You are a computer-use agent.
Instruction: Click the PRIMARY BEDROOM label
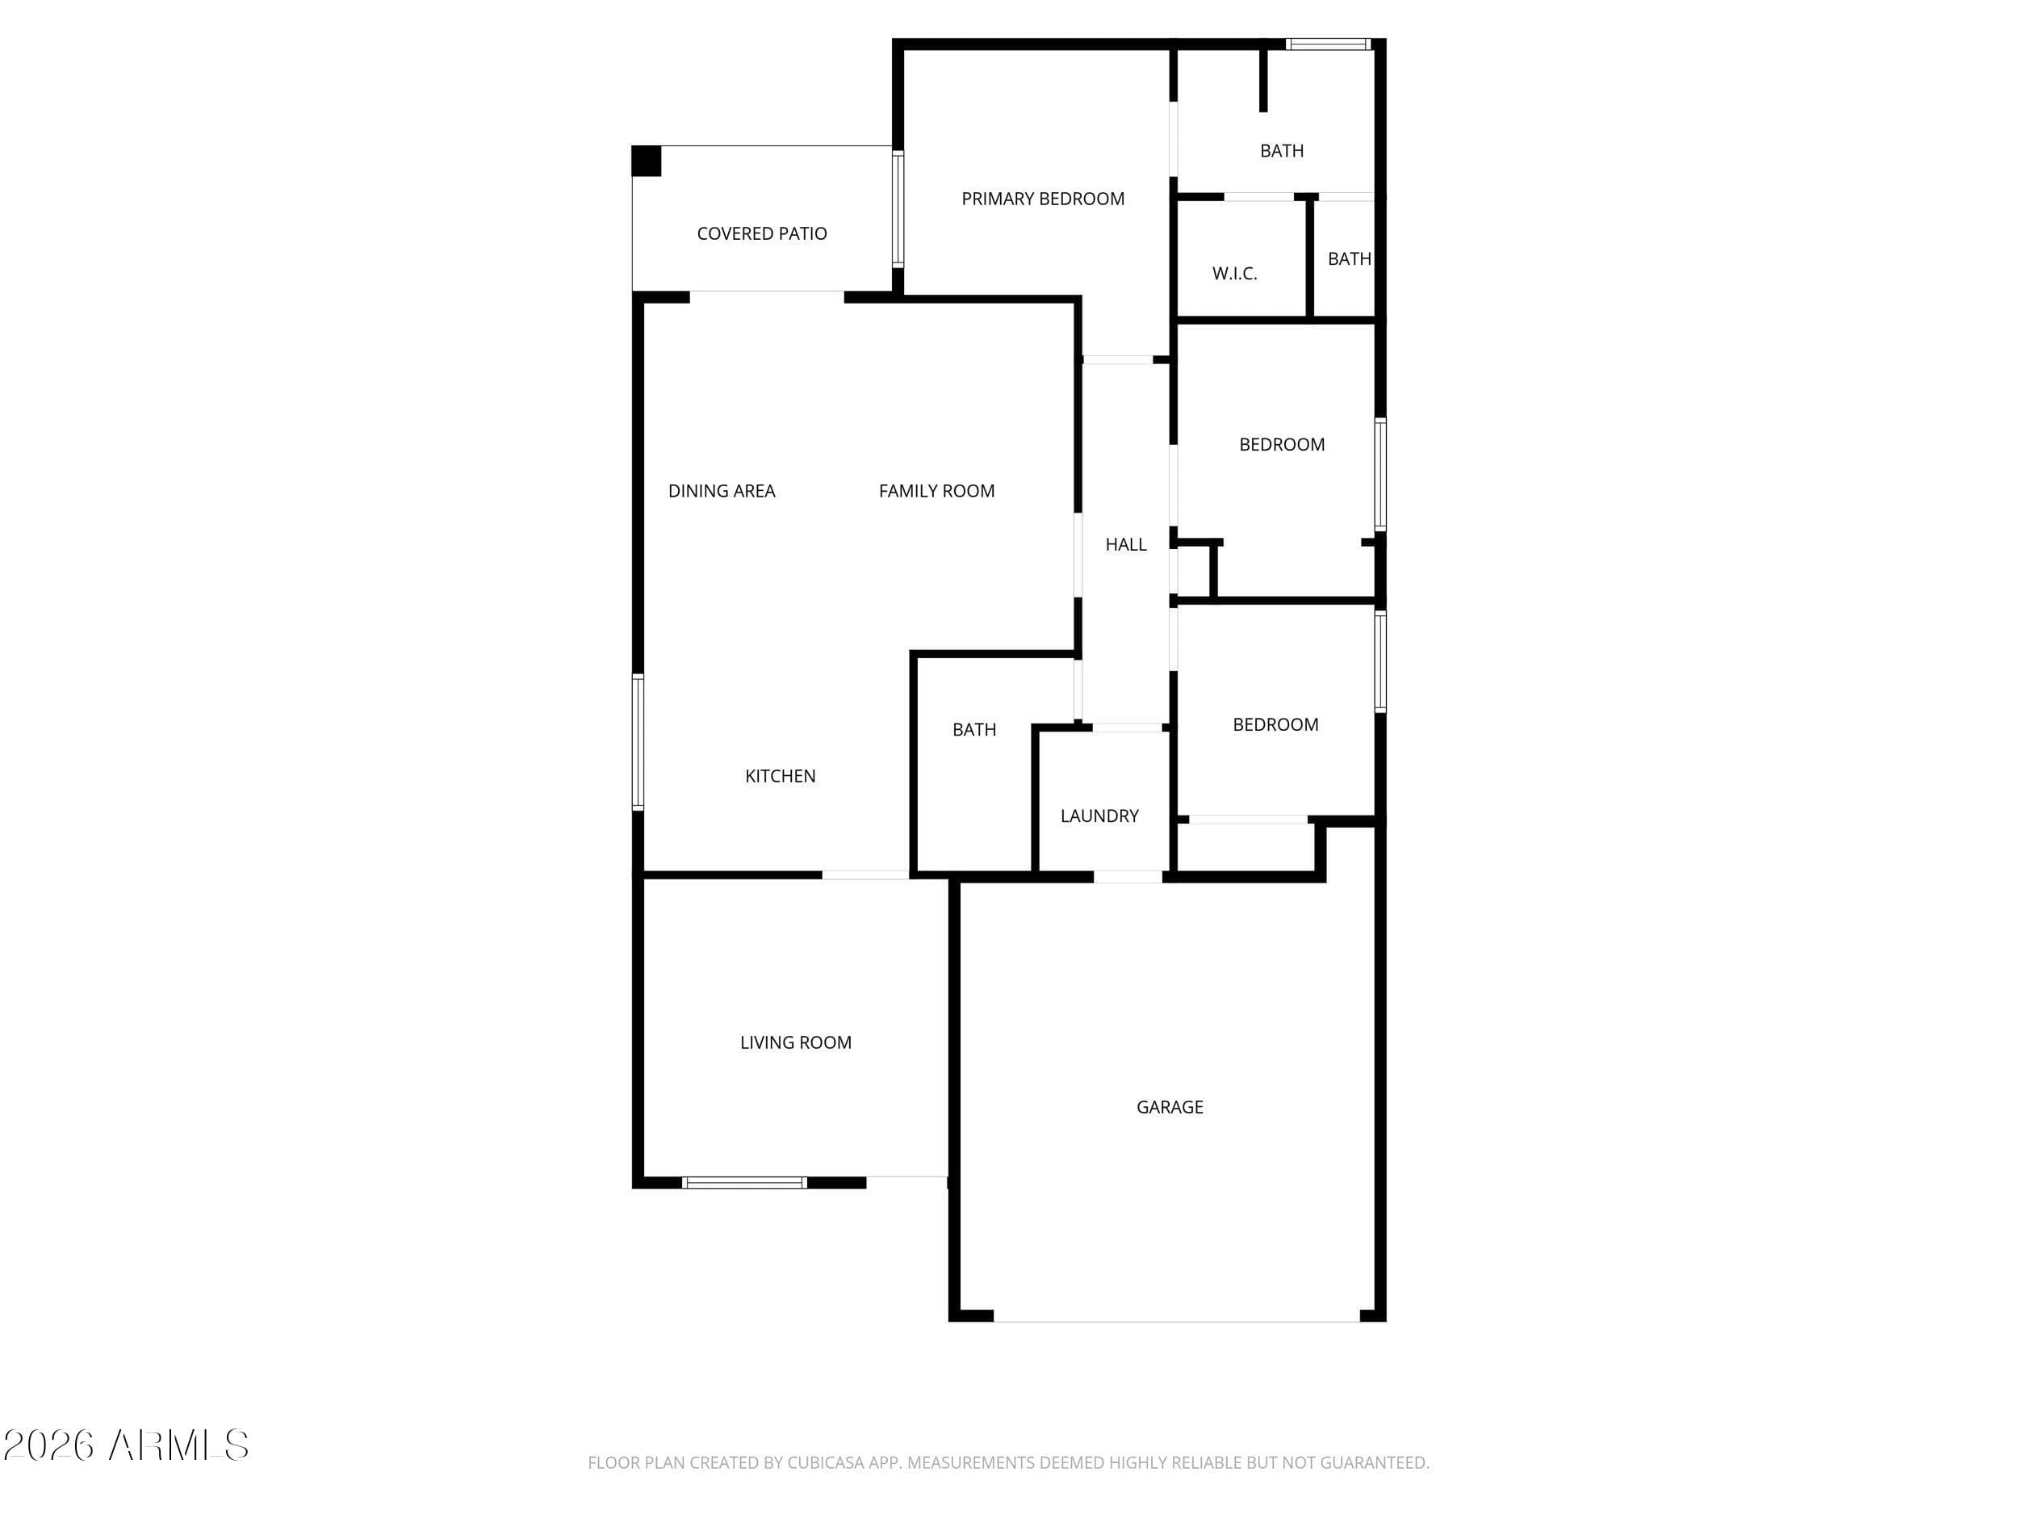[1043, 199]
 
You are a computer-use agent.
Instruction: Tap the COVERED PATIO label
[762, 233]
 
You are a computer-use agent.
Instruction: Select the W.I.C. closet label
[1234, 274]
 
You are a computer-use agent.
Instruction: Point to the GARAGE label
[1170, 1107]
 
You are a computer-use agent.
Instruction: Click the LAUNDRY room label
[1099, 816]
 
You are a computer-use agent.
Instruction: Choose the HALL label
[1126, 545]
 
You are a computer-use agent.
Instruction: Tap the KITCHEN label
[780, 776]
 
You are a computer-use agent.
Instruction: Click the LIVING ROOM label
[796, 1042]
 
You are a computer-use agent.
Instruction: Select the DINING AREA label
[722, 491]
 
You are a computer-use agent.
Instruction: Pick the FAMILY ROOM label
[937, 491]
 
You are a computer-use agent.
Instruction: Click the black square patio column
[647, 161]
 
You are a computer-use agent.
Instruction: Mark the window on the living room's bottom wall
[744, 1183]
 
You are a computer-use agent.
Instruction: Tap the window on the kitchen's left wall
[638, 742]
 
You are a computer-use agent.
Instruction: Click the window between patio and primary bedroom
[898, 209]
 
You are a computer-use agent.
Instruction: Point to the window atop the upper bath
[1329, 44]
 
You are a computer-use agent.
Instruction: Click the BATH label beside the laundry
[974, 730]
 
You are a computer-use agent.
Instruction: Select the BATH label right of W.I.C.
[1350, 259]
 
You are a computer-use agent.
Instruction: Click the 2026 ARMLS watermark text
[126, 1445]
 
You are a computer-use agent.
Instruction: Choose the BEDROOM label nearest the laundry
[1275, 724]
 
